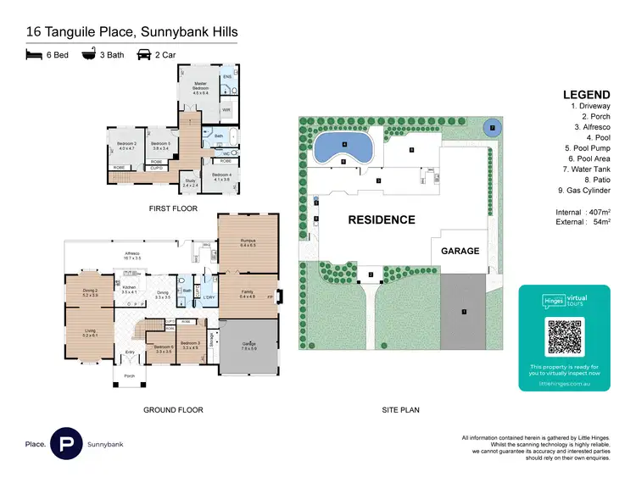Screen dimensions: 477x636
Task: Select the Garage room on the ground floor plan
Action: click(248, 346)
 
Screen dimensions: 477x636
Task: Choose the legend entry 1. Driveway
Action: click(591, 107)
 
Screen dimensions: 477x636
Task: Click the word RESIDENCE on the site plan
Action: click(382, 220)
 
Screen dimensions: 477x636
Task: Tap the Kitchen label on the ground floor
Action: click(129, 289)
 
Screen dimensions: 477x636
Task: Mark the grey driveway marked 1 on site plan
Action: click(464, 311)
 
